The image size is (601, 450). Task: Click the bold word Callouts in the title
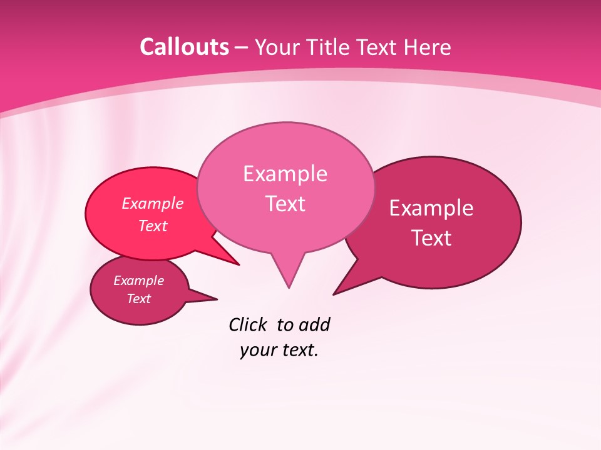coord(184,47)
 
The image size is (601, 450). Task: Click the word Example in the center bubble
coord(285,174)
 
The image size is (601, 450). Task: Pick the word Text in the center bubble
coord(285,204)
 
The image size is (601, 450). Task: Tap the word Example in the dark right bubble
coord(431,208)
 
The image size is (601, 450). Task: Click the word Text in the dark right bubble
coord(431,238)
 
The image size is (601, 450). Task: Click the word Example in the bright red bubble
coord(153,204)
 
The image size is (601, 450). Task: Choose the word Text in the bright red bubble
coord(153,226)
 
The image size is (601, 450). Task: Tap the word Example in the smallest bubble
coord(138,281)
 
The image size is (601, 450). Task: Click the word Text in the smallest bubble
coord(138,299)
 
